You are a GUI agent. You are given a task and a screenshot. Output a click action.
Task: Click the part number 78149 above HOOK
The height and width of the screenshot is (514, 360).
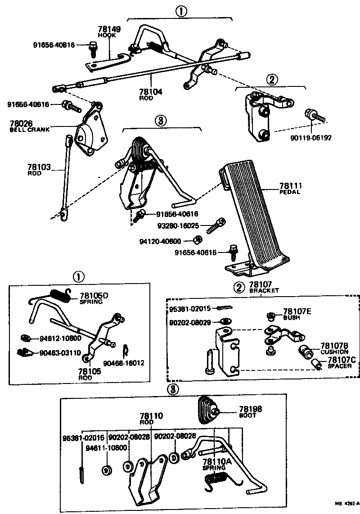click(109, 30)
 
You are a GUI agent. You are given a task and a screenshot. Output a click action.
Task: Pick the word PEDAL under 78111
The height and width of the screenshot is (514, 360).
click(290, 192)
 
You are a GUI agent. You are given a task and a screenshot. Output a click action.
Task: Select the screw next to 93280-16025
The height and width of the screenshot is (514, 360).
click(216, 226)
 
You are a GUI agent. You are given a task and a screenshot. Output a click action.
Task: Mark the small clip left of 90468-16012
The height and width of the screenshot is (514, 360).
click(126, 349)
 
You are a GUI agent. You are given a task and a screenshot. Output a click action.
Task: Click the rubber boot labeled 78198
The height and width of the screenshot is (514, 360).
click(208, 410)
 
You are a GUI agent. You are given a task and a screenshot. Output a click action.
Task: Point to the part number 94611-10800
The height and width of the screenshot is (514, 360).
click(107, 448)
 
